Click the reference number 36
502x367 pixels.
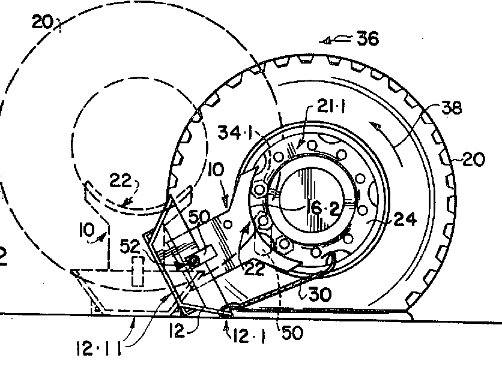(x=368, y=39)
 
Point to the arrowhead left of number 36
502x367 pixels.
(x=325, y=41)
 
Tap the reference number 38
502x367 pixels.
(x=452, y=108)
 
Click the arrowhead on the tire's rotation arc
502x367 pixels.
(x=374, y=126)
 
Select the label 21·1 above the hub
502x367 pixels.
(x=331, y=106)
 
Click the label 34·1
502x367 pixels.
(x=235, y=132)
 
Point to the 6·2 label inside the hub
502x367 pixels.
(x=322, y=209)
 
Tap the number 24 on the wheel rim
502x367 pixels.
(x=405, y=219)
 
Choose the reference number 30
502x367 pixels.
(x=320, y=294)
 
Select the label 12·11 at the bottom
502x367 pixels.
(x=99, y=348)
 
